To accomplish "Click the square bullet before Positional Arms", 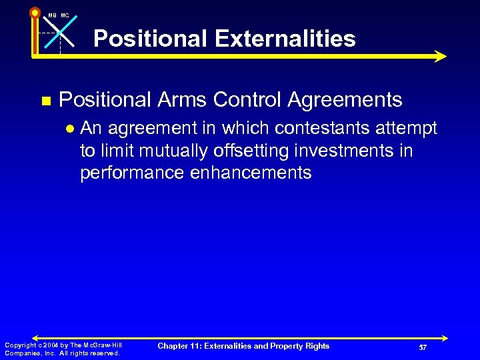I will (x=45, y=101).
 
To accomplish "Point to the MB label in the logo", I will (x=51, y=15).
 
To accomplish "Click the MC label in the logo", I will (x=65, y=15).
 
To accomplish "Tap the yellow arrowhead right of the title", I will (x=440, y=57).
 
